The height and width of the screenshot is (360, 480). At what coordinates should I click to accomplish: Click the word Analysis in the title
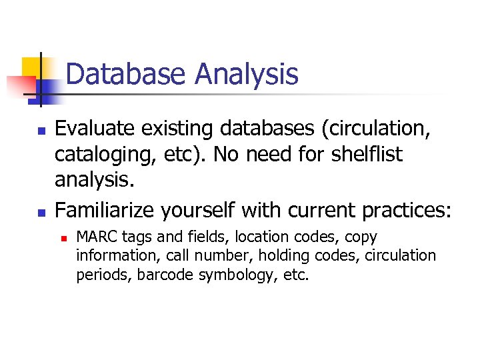click(x=247, y=74)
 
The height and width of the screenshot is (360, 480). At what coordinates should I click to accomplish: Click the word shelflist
click(x=360, y=155)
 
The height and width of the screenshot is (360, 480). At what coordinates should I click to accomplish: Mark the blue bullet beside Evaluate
click(x=41, y=129)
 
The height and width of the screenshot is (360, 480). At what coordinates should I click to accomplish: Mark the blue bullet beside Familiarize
click(x=41, y=211)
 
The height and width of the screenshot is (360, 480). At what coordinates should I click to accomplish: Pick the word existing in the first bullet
click(x=183, y=128)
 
